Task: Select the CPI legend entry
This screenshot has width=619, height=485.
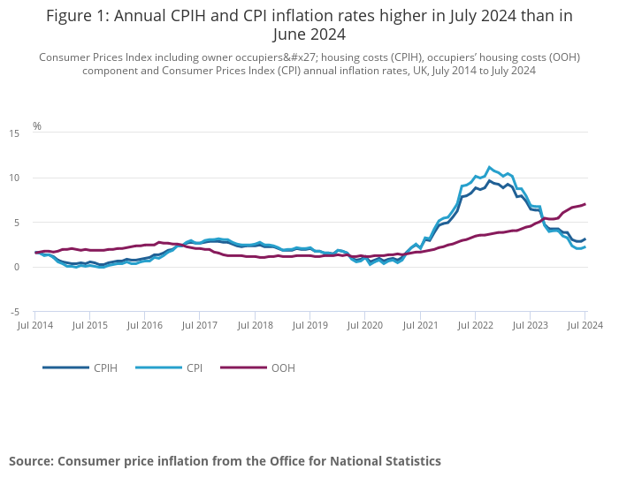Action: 194,368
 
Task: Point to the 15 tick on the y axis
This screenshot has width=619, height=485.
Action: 13,133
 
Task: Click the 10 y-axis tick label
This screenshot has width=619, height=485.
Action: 13,178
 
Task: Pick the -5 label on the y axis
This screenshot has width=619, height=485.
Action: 13,312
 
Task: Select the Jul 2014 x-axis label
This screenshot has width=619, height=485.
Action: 35,326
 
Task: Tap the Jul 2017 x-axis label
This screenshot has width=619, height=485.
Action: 201,326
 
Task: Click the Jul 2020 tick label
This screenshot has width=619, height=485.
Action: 365,326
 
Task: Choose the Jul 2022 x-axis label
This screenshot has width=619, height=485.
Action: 476,326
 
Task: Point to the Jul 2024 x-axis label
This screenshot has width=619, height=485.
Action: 585,326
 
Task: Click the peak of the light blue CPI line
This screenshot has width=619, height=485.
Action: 489,167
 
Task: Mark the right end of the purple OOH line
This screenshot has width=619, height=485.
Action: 585,204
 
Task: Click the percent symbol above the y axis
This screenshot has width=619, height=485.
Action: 37,126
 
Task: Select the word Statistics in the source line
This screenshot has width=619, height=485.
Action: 406,461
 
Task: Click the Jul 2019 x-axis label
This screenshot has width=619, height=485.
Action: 310,326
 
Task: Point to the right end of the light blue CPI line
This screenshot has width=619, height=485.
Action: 585,246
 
